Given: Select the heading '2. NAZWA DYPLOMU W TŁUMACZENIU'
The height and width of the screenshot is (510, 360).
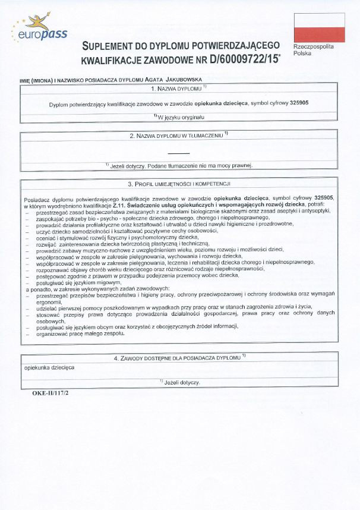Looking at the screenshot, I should (x=178, y=136).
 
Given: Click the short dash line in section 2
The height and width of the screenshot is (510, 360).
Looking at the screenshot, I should (x=178, y=153).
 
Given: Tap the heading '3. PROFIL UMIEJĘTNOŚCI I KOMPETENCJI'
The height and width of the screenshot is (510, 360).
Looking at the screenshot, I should (x=179, y=184).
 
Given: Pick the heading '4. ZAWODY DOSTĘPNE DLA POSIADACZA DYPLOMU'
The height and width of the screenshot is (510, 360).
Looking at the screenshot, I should (x=179, y=358).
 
